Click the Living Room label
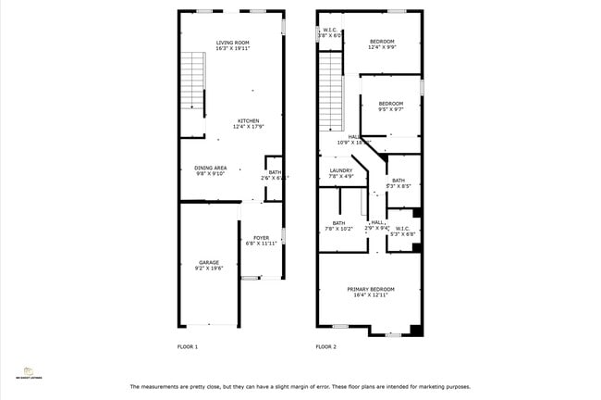[x=233, y=45]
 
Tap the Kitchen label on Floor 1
[x=250, y=123]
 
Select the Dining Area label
[x=210, y=170]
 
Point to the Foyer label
[x=262, y=241]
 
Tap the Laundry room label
[x=339, y=173]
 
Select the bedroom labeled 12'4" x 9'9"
[x=382, y=44]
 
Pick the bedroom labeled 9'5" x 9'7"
[x=390, y=106]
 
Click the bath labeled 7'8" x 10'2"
[x=338, y=225]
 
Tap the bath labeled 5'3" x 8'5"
[x=398, y=183]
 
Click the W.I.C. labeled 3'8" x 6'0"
[x=331, y=32]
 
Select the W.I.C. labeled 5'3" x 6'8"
[x=403, y=231]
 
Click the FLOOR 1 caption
[x=188, y=346]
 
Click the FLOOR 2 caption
[x=325, y=346]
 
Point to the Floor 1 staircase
[x=191, y=83]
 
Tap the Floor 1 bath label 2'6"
[x=276, y=174]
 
